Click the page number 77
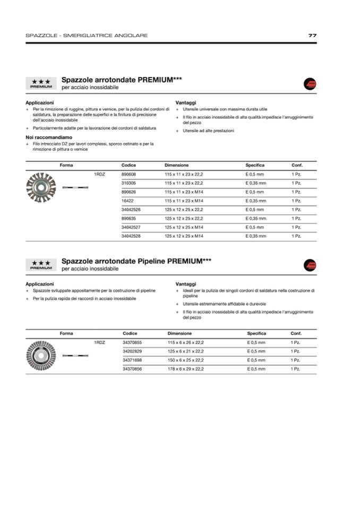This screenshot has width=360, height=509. click(x=312, y=36)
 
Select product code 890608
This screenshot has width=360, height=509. click(x=128, y=174)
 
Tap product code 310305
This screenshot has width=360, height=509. click(x=128, y=183)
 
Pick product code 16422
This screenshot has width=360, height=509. click(x=127, y=201)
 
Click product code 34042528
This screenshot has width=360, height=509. click(x=131, y=236)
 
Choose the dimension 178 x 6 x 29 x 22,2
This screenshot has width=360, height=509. click(x=185, y=369)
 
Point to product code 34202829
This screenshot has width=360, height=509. click(x=132, y=351)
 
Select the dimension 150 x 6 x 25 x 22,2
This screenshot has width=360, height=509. click(x=185, y=360)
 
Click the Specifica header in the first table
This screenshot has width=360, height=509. click(x=255, y=165)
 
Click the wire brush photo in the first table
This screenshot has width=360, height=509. click(x=40, y=187)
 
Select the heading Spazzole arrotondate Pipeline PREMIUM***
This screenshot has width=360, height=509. click(x=136, y=261)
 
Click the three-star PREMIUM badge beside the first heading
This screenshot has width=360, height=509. click(x=41, y=83)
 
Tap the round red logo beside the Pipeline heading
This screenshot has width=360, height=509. click(x=310, y=265)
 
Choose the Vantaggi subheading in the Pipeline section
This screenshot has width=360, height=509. click(x=186, y=284)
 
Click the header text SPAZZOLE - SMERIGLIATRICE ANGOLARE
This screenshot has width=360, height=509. click(x=87, y=36)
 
